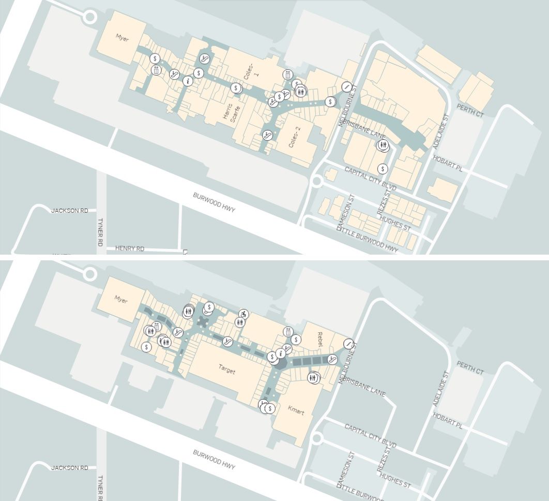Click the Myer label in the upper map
pos(122,38)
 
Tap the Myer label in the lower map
pos(120,300)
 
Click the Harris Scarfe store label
pos(227,110)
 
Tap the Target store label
pos(226,371)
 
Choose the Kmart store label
pos(297,412)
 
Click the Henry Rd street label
pos(129,248)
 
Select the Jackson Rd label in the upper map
pos(69,211)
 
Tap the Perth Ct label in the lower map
pos(470,368)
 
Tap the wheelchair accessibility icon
pos(243,314)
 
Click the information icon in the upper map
pos(188,80)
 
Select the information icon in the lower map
pos(281,353)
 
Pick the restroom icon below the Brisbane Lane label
pos(383,145)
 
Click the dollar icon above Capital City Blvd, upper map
pos(383,168)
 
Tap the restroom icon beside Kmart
pos(313,378)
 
